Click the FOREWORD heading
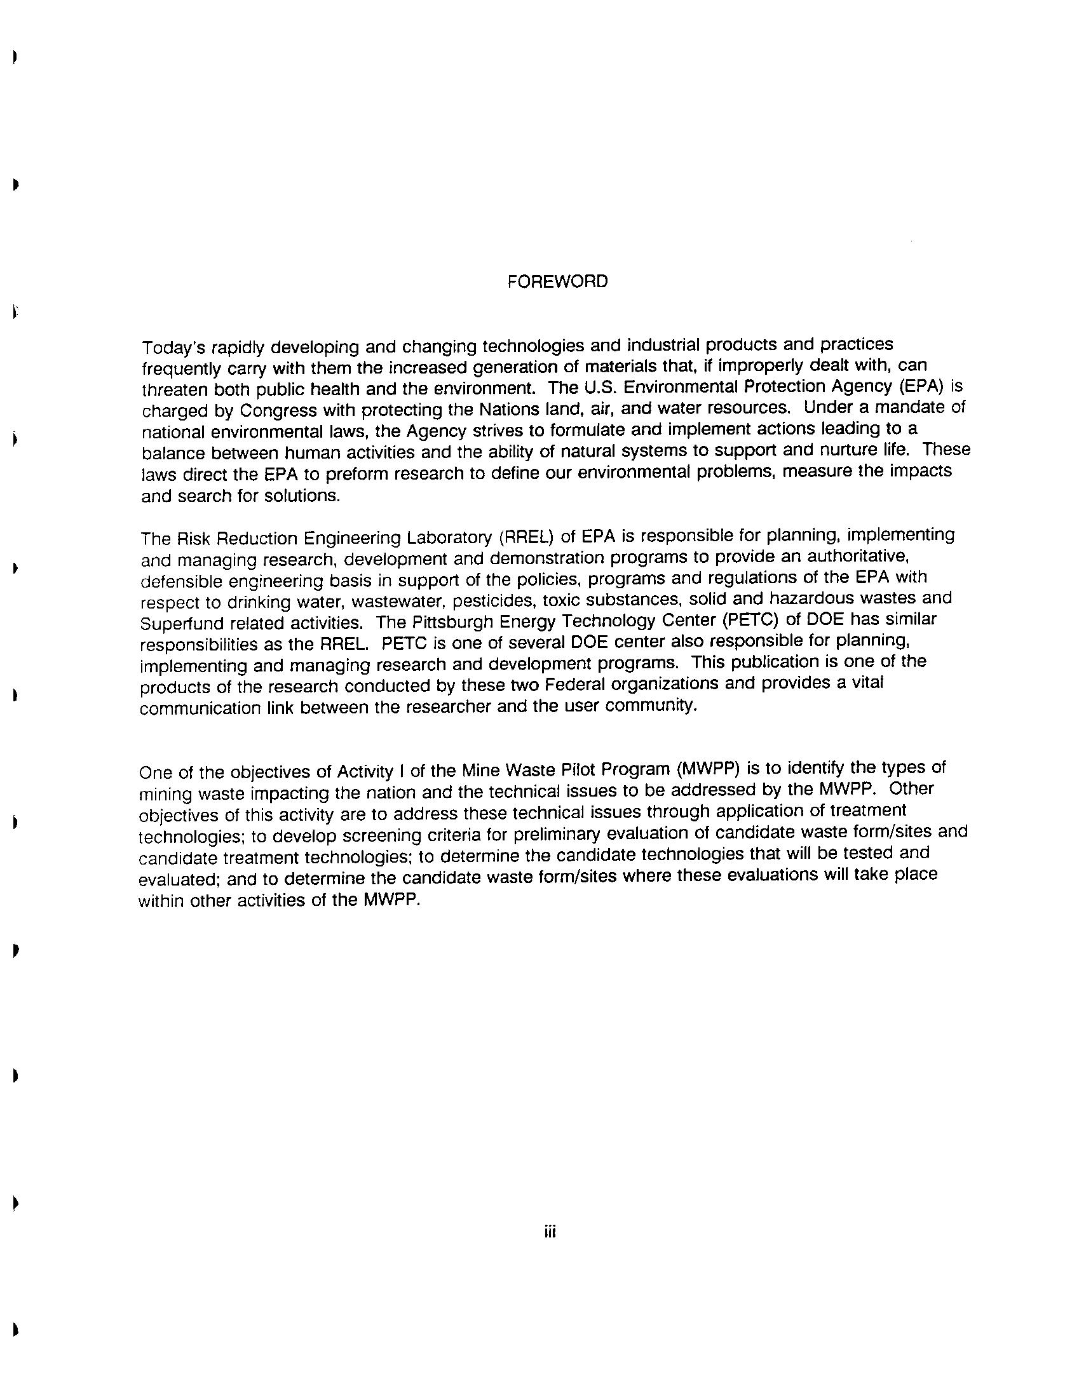click(x=557, y=281)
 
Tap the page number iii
click(x=550, y=1232)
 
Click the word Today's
click(x=172, y=348)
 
